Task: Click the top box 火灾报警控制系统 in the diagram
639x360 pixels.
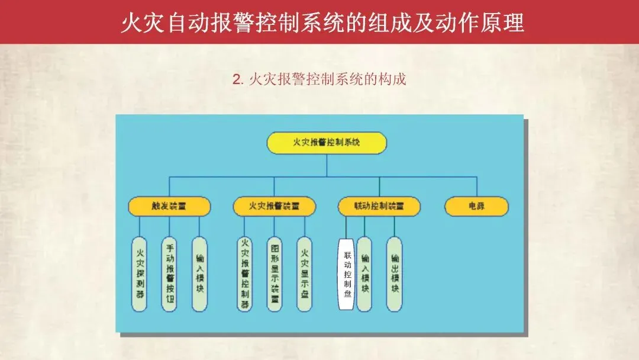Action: coord(327,143)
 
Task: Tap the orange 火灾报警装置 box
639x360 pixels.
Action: coord(274,206)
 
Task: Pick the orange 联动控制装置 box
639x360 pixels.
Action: coord(379,206)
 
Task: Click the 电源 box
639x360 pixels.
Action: coord(476,206)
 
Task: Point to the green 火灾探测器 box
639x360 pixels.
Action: coord(139,274)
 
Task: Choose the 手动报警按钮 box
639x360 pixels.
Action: coord(169,274)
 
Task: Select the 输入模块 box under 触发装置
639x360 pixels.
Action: coord(199,274)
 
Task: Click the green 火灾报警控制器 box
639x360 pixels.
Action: coord(244,274)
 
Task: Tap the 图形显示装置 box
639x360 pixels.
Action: coord(275,274)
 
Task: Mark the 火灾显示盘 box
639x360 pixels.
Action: coord(304,274)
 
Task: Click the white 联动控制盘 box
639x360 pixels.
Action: coord(347,274)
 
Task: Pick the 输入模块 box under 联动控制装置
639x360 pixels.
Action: coord(364,274)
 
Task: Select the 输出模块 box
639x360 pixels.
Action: coord(395,274)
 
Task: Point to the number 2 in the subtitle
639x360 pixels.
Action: coord(237,79)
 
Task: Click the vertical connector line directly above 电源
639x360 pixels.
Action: coord(476,187)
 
